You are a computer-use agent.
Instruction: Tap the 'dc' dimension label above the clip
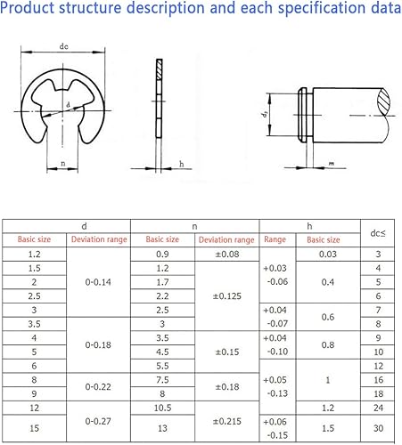63,46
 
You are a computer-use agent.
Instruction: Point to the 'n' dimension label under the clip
63,163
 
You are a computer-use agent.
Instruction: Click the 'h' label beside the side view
182,164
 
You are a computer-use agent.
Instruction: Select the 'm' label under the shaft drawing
332,163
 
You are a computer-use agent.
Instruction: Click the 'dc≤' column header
378,233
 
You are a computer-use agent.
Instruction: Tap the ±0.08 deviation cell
227,255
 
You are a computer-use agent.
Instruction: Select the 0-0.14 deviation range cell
98,282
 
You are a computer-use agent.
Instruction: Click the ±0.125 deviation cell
227,295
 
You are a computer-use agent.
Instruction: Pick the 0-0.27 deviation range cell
98,421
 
